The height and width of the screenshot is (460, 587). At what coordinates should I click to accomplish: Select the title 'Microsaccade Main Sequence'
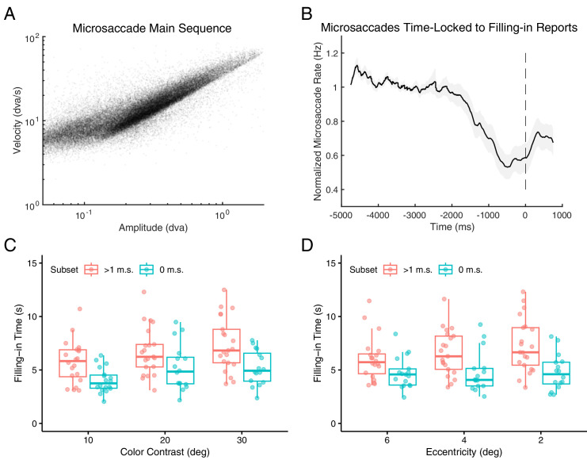151,29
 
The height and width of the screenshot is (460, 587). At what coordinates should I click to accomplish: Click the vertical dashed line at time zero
525,119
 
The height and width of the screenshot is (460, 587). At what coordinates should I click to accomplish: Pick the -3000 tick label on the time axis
414,215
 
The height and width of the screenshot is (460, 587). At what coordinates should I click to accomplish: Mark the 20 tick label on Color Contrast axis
165,437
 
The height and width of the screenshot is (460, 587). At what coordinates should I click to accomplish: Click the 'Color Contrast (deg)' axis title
165,453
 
